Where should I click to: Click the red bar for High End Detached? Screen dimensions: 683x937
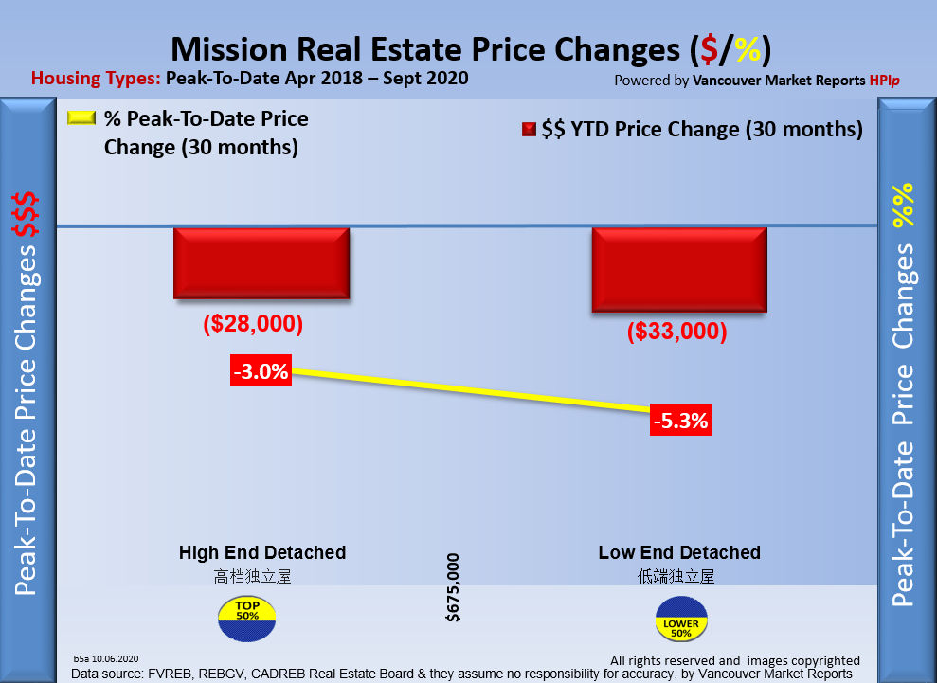(261, 263)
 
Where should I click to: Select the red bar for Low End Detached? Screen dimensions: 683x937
(677, 269)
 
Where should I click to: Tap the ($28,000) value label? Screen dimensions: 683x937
(253, 324)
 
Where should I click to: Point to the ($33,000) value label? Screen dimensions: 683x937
(676, 333)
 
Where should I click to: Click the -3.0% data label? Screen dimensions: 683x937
(261, 372)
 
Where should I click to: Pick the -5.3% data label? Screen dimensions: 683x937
(680, 421)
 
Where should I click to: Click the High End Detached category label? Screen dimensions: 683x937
(262, 552)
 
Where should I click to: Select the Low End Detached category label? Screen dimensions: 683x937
(679, 552)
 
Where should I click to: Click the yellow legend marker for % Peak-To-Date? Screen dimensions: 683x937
(81, 120)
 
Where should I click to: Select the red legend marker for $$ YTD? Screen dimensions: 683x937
(529, 130)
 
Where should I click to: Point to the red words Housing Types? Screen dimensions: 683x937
(96, 79)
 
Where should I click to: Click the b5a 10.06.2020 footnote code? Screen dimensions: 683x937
(106, 657)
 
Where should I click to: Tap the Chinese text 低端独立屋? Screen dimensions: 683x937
(676, 576)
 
